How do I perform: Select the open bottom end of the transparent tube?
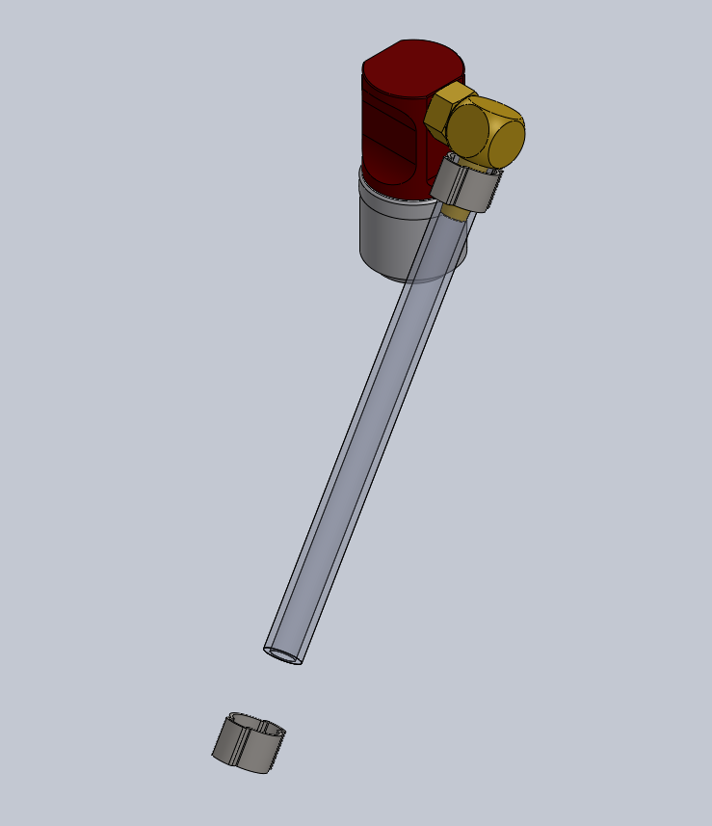tap(283, 655)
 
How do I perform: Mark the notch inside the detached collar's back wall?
tap(262, 721)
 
